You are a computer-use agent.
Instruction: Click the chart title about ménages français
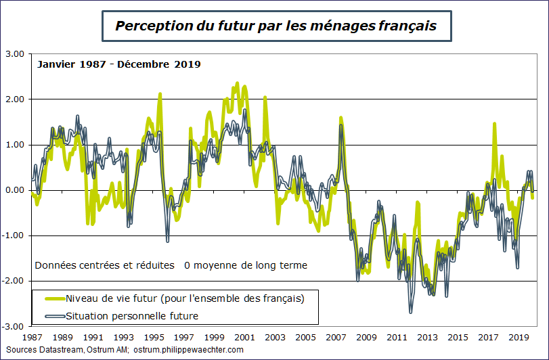pos(275,26)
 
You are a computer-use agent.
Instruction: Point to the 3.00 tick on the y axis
pos(14,54)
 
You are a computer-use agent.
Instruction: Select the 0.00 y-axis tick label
pos(14,190)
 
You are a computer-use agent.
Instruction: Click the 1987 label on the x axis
pos(32,337)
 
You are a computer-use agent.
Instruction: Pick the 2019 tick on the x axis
pos(519,337)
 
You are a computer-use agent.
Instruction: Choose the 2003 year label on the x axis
pos(275,337)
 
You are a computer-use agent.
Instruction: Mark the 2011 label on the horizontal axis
pos(397,337)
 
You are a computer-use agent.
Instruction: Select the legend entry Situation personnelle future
pos(131,315)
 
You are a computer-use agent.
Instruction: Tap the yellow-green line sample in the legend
pos(54,298)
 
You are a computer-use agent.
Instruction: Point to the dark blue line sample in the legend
pos(54,315)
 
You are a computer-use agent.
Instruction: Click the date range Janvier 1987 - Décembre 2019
pos(118,65)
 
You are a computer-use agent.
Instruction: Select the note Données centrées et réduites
pos(104,265)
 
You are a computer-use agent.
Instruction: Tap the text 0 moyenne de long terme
pos(245,265)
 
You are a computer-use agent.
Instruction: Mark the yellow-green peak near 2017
pos(495,124)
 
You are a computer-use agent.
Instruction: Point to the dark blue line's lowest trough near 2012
pos(411,311)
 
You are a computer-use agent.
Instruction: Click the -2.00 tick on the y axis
pos(13,281)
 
